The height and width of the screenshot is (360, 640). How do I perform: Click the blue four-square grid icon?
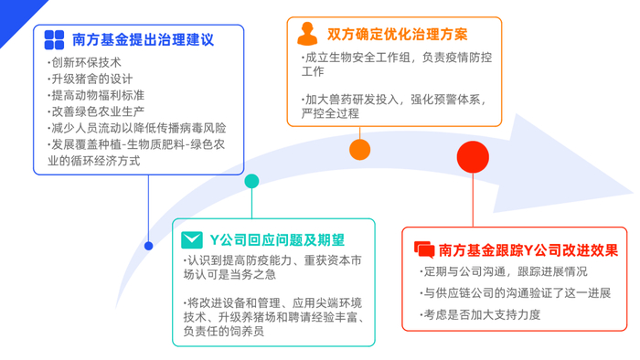click(x=54, y=39)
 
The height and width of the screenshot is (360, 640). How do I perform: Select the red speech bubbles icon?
click(x=423, y=249)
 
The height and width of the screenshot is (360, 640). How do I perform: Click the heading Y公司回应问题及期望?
click(x=277, y=240)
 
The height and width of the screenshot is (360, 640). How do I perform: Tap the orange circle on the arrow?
click(x=360, y=148)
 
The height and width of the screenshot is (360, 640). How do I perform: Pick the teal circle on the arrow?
click(x=251, y=181)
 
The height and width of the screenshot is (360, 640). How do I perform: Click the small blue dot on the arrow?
click(x=149, y=245)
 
